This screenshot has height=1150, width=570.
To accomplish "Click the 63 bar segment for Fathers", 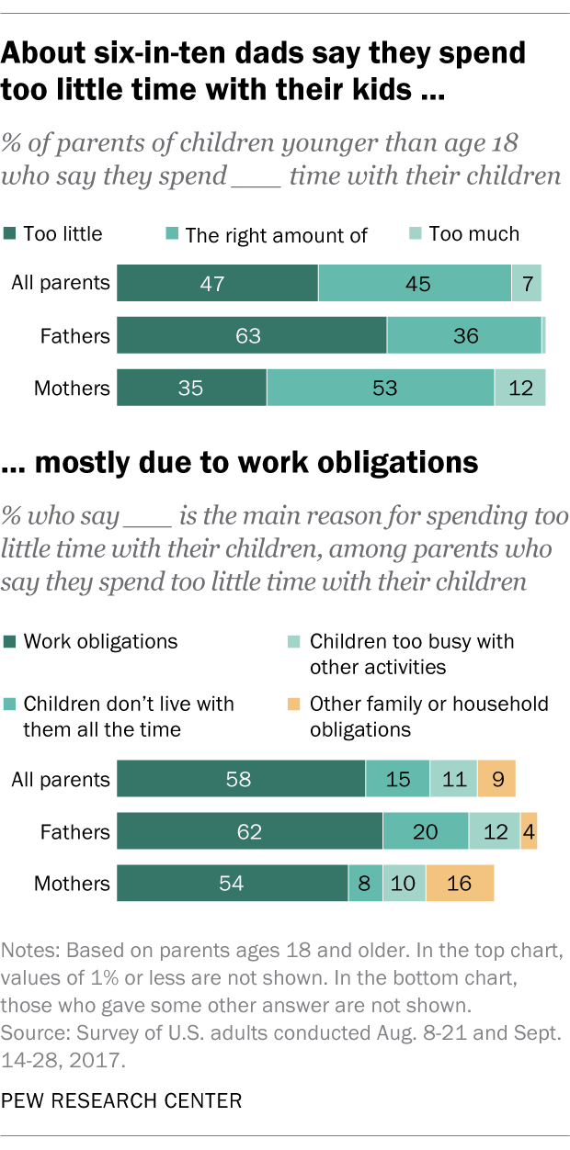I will [x=251, y=336].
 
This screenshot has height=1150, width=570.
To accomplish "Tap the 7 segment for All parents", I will [x=526, y=284].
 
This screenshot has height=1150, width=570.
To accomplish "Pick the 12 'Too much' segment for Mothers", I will [x=520, y=389].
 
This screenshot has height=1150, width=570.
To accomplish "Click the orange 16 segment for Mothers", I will [x=460, y=884].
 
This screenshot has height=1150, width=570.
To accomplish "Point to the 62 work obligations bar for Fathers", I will [x=249, y=832].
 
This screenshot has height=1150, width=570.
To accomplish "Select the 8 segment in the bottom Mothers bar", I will [x=365, y=884].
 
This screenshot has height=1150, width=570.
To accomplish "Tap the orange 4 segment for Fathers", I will [x=529, y=832].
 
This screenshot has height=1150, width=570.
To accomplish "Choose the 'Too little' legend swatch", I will [x=10, y=234].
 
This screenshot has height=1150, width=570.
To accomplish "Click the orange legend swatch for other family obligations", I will [x=295, y=705].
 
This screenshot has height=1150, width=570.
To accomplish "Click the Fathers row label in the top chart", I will [x=74, y=336].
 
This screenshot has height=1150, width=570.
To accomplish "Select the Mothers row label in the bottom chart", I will [x=72, y=884].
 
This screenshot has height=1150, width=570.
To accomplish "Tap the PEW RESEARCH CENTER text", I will [x=122, y=1099].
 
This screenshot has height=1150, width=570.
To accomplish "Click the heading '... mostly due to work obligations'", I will [x=241, y=462].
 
